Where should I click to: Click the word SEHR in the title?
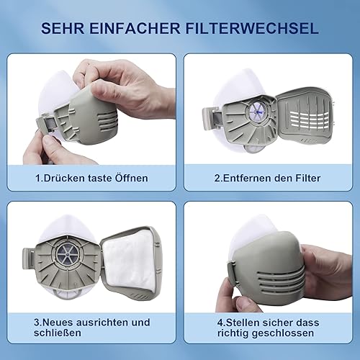(x=63, y=28)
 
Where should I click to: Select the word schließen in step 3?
(x=57, y=333)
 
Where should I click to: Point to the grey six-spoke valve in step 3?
(x=67, y=254)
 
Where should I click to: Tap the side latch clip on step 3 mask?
(x=29, y=258)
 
